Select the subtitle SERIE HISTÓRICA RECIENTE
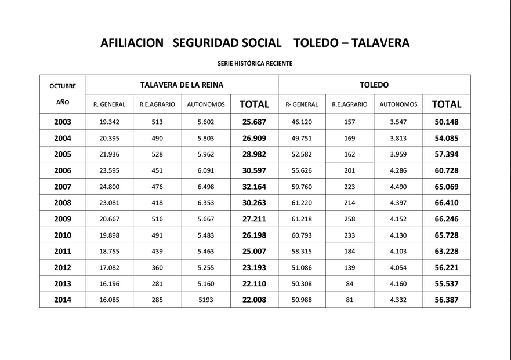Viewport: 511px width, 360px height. pos(255,63)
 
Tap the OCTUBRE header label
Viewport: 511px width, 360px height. pos(63,86)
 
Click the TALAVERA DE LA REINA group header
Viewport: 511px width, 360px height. pos(182,85)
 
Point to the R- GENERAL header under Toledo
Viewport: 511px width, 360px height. pos(302,105)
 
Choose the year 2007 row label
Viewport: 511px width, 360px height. pos(63,187)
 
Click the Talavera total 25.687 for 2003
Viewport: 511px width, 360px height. pos(254,122)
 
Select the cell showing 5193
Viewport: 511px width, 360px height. pos(206,300)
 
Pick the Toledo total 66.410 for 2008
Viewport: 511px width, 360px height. pos(446,203)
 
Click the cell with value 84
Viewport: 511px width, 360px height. pos(350,284)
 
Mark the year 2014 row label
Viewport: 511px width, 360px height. pos(63,300)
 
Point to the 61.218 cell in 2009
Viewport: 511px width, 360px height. pos(302,220)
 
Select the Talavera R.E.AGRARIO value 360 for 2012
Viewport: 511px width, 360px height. pos(157,268)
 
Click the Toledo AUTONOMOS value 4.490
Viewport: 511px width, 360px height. pos(398,187)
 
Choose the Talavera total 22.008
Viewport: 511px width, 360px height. pos(254,300)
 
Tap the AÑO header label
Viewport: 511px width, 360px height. pos(63,101)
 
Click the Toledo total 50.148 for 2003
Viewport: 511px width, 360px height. pos(446,122)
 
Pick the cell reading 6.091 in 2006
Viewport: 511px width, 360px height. pos(206,171)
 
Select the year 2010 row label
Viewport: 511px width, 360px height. pos(63,236)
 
